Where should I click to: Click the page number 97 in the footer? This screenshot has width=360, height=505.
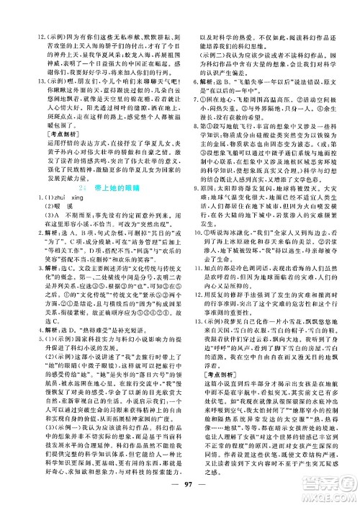(179, 493)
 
